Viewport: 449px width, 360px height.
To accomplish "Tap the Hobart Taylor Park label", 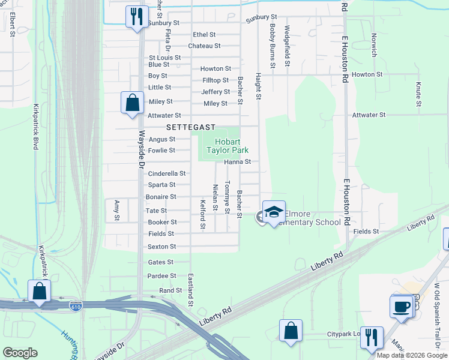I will [x=228, y=146].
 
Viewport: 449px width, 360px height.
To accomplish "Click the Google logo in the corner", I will [x=20, y=353].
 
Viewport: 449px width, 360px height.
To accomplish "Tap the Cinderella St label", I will [x=167, y=173].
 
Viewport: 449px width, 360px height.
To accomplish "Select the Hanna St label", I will [x=237, y=162].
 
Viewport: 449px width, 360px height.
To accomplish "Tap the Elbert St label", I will [x=12, y=24].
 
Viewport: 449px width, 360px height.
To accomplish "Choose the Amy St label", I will [x=117, y=209].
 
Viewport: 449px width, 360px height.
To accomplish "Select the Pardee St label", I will [x=162, y=276].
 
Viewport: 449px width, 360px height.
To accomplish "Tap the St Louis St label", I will [x=165, y=58].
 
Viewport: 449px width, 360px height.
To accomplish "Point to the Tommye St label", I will [x=227, y=197].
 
